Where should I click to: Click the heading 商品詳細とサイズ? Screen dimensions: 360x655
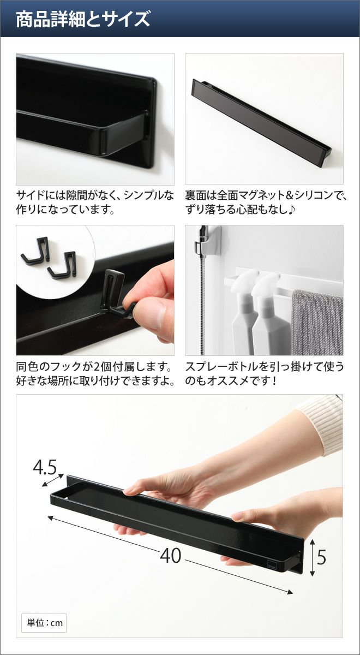[x=83, y=19]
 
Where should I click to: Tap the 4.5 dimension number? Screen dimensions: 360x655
[x=44, y=468]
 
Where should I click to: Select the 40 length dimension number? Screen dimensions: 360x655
[x=171, y=556]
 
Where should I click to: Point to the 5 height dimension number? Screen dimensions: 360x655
[x=321, y=557]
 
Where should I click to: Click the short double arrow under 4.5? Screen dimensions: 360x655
[x=52, y=480]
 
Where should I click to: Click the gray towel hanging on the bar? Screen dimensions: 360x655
[x=317, y=322]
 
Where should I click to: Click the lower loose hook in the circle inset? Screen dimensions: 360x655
[x=63, y=264]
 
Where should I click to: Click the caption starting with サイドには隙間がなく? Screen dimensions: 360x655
[x=95, y=202]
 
